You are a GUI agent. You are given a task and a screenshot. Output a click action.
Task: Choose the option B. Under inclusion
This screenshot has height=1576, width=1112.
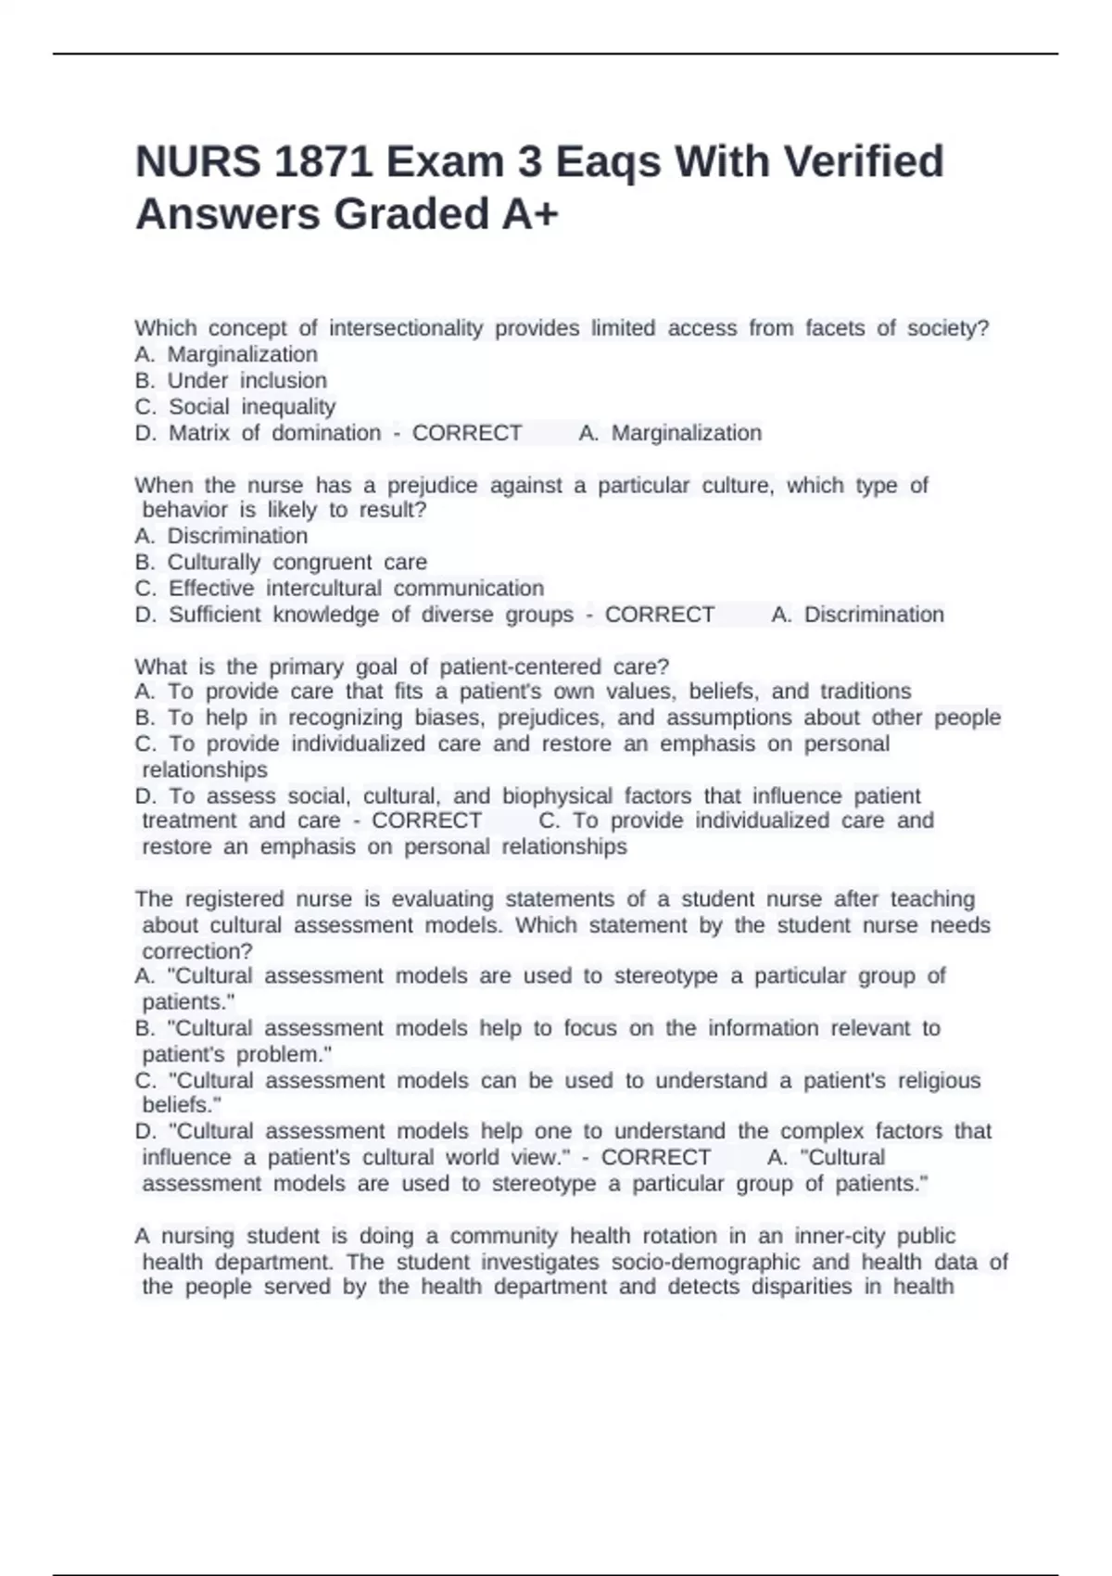231,381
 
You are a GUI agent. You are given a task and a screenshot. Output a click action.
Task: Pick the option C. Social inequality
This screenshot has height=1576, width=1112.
235,407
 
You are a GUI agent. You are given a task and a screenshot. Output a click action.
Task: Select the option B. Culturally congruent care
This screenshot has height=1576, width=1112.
281,563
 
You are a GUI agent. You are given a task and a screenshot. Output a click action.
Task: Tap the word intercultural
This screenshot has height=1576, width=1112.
323,589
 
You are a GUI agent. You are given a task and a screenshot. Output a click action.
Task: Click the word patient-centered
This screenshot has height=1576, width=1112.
520,667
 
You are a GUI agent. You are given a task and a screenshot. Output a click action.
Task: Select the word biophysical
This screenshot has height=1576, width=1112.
557,796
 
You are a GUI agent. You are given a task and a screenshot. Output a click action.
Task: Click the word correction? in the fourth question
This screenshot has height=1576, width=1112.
197,951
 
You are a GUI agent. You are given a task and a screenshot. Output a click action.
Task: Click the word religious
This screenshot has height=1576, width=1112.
938,1081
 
